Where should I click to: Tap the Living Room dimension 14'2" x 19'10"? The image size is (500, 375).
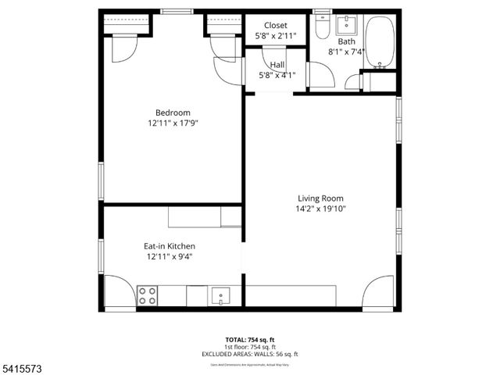pos(320,209)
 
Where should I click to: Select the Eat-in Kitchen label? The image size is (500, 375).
pos(169,245)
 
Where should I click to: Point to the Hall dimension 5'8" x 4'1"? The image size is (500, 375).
pos(277,76)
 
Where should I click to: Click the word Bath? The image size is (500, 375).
pos(347,41)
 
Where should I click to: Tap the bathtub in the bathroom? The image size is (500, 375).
pos(381,41)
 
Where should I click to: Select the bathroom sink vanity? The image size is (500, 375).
pos(346,23)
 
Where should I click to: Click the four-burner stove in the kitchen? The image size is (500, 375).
pos(147,295)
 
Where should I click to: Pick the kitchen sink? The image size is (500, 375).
pos(222,297)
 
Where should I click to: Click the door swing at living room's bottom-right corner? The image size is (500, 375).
pos(380,291)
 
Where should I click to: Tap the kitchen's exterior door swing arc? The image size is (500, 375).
pos(120,291)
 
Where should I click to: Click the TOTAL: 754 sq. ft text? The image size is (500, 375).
pos(250,340)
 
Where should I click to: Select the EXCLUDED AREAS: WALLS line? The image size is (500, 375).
pos(250,354)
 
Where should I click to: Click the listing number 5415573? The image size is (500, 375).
pos(21,367)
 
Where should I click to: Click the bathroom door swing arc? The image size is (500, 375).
pos(321,74)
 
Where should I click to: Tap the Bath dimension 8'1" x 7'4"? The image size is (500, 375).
pos(347,52)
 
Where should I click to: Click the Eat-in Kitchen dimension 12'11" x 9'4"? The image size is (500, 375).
pos(169,256)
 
